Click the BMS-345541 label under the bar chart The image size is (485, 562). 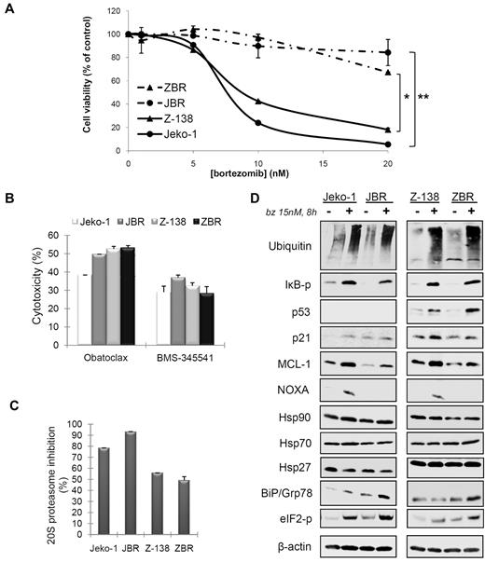coord(187,352)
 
